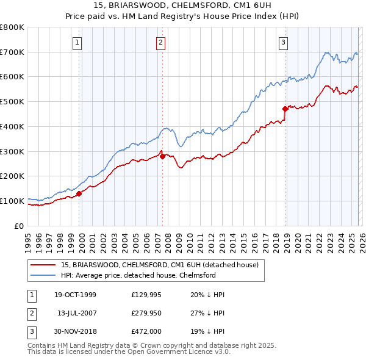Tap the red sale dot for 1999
79,194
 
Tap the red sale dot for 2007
162,157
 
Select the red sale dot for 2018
285,109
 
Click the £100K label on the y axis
12,201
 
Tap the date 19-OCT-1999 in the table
75,295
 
